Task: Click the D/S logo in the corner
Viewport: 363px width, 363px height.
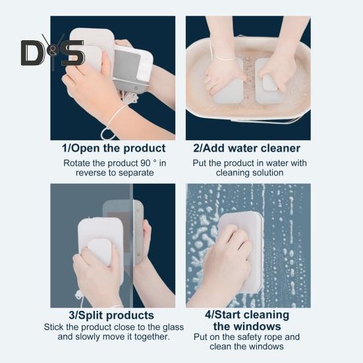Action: [x=52, y=52]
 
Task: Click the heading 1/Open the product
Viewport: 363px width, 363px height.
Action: [x=113, y=148]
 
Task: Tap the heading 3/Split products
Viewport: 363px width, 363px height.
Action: [x=113, y=315]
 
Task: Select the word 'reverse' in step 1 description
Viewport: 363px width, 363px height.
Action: [x=88, y=173]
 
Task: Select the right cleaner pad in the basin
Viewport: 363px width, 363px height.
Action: [x=269, y=82]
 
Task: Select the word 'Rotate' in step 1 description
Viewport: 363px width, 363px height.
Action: [x=77, y=162]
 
